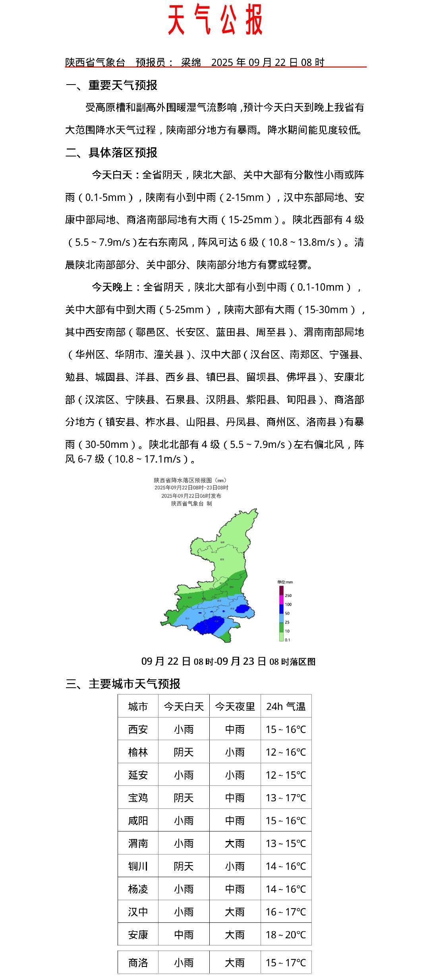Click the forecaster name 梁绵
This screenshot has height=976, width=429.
click(191, 62)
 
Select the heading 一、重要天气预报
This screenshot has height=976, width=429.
click(111, 85)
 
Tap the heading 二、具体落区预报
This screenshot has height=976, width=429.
click(111, 152)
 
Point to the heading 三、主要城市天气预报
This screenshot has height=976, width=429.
click(123, 684)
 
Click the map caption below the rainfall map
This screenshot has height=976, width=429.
click(228, 661)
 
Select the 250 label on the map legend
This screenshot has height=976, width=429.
click(288, 596)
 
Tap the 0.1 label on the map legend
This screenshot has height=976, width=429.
click(288, 640)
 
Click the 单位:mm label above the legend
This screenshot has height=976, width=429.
click(285, 582)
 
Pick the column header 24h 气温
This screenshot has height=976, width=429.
click(286, 706)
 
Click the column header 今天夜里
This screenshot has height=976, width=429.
click(235, 706)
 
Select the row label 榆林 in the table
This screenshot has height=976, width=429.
click(138, 752)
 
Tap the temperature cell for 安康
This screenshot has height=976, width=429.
click(286, 935)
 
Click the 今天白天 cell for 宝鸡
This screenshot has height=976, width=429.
click(184, 798)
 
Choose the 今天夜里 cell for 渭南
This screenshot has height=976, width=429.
click(235, 843)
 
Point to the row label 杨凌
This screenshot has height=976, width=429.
click(138, 889)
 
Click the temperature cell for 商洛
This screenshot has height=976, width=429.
click(286, 962)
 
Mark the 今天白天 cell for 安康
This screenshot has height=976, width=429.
click(184, 935)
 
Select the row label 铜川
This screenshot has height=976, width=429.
click(138, 866)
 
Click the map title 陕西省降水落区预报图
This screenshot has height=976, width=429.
click(191, 480)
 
